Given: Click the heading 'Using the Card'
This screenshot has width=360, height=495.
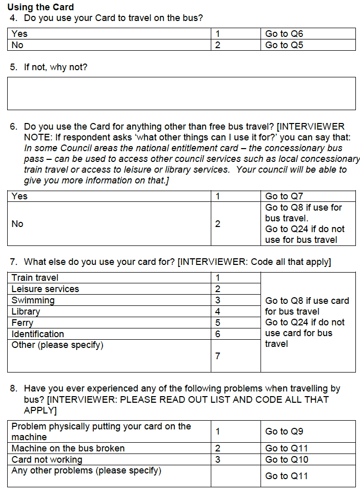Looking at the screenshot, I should pyautogui.click(x=41, y=7).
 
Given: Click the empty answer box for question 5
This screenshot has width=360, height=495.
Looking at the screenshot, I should pyautogui.click(x=181, y=93).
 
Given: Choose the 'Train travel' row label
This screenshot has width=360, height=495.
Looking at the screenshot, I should pyautogui.click(x=35, y=278).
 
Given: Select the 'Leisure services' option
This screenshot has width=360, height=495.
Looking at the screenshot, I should pyautogui.click(x=45, y=289).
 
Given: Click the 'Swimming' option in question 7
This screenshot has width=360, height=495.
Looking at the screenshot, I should pyautogui.click(x=33, y=300).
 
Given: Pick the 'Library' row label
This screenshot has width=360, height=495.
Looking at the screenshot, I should pyautogui.click(x=26, y=312).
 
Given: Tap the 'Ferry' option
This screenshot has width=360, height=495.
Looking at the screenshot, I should pyautogui.click(x=23, y=323).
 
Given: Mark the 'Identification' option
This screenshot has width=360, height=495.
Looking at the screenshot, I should pyautogui.click(x=37, y=334).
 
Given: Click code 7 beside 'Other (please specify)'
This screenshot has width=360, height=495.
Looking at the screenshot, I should pyautogui.click(x=218, y=356).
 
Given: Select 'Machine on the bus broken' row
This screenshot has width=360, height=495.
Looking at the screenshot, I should pyautogui.click(x=68, y=448).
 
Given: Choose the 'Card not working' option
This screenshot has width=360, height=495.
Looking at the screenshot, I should pyautogui.click(x=47, y=460).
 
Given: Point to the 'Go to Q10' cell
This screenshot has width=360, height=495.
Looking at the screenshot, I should pyautogui.click(x=286, y=460).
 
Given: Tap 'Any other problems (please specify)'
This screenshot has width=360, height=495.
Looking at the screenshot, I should pyautogui.click(x=86, y=470).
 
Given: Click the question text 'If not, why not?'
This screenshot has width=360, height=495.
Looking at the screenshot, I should pyautogui.click(x=55, y=67).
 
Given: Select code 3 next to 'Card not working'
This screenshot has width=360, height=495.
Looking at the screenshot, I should pyautogui.click(x=218, y=460).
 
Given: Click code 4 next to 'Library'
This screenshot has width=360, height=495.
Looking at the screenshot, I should pyautogui.click(x=218, y=312).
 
